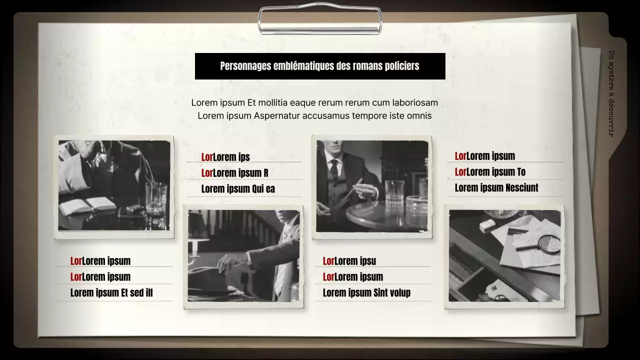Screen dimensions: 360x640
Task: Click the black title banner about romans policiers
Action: (x=320, y=66)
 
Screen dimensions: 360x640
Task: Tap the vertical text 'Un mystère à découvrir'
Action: (x=611, y=93)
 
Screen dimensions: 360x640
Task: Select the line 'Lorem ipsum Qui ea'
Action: (x=238, y=189)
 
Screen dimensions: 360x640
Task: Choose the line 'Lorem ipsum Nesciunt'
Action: (x=496, y=188)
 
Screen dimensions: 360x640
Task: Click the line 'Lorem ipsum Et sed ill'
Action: (x=111, y=293)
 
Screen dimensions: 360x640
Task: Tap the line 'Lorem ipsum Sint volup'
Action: (x=366, y=293)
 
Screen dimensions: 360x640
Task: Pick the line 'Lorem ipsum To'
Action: (x=490, y=172)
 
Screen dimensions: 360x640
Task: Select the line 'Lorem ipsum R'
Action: (x=235, y=173)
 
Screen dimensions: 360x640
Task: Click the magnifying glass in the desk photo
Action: (x=542, y=244)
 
